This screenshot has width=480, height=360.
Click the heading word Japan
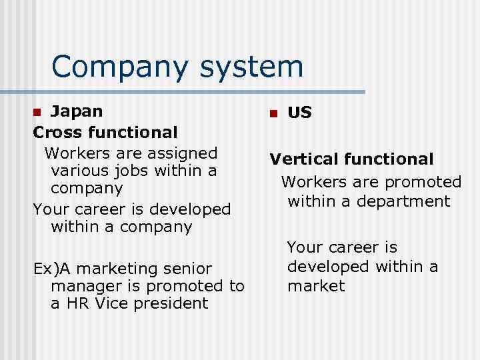tap(77, 111)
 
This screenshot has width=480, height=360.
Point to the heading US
tap(299, 113)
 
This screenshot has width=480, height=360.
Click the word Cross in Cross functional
tap(58, 132)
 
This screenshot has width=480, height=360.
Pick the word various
tap(81, 171)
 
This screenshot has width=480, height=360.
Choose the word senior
tap(187, 268)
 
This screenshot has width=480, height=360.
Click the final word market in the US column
tap(316, 286)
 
